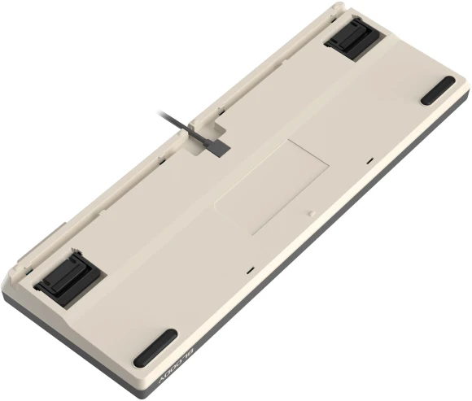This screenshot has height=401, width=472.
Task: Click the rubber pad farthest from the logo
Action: click(438, 89)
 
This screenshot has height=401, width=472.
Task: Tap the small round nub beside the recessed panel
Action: click(312, 214)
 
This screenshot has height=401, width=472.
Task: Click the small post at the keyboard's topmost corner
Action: click(334, 7)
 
